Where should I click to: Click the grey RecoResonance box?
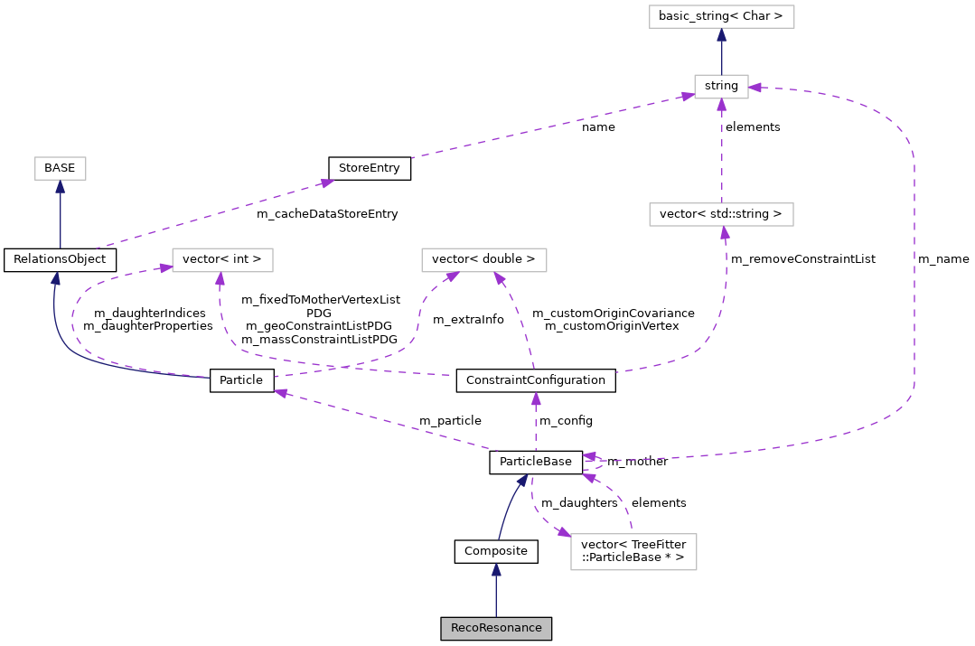pyautogui.click(x=495, y=628)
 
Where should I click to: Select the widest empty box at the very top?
pyautogui.click(x=721, y=16)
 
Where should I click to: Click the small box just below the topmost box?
pyautogui.click(x=721, y=87)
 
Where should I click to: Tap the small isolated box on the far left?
pyautogui.click(x=61, y=168)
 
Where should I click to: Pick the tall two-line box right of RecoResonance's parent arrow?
pyautogui.click(x=633, y=552)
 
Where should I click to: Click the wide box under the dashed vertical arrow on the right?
pyautogui.click(x=721, y=214)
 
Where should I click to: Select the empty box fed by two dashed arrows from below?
pyautogui.click(x=483, y=260)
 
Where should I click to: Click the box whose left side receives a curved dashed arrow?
pyautogui.click(x=222, y=260)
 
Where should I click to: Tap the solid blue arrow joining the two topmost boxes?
pyautogui.click(x=721, y=54)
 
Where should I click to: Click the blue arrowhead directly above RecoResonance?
pyautogui.click(x=496, y=570)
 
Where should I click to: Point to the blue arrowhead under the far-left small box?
pyautogui.click(x=60, y=187)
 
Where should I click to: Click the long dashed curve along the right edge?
pyautogui.click(x=914, y=271)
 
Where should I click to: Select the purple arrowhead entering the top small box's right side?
pyautogui.click(x=755, y=88)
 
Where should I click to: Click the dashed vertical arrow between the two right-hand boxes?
pyautogui.click(x=721, y=154)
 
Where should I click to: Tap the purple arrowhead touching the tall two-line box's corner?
pyautogui.click(x=564, y=533)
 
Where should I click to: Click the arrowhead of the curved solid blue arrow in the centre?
pyautogui.click(x=521, y=481)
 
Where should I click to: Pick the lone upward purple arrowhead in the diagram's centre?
pyautogui.click(x=536, y=398)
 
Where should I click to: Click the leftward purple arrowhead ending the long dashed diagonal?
pyautogui.click(x=281, y=392)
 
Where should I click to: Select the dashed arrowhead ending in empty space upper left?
pyautogui.click(x=326, y=183)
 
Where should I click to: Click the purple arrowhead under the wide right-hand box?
pyautogui.click(x=725, y=233)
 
